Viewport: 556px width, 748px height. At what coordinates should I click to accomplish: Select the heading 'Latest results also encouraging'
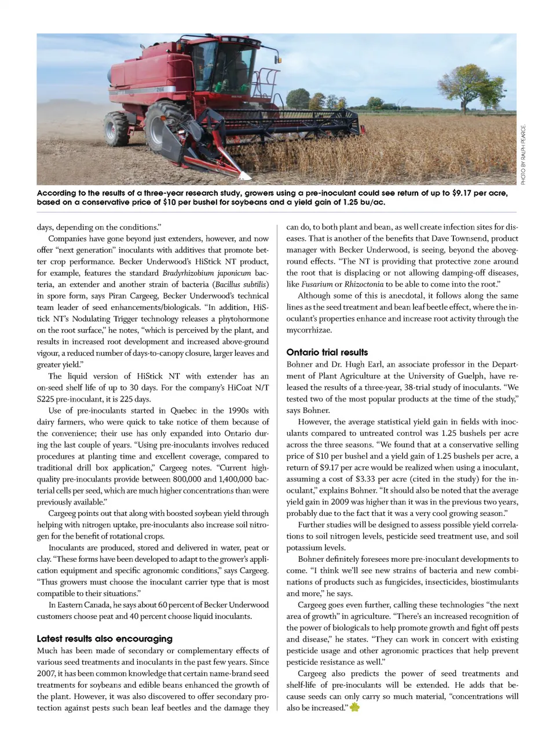104,639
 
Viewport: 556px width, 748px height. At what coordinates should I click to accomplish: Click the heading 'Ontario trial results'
327,352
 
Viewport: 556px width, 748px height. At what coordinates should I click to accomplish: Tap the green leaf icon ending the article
354,708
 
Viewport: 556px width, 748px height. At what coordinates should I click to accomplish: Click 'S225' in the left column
46,399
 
